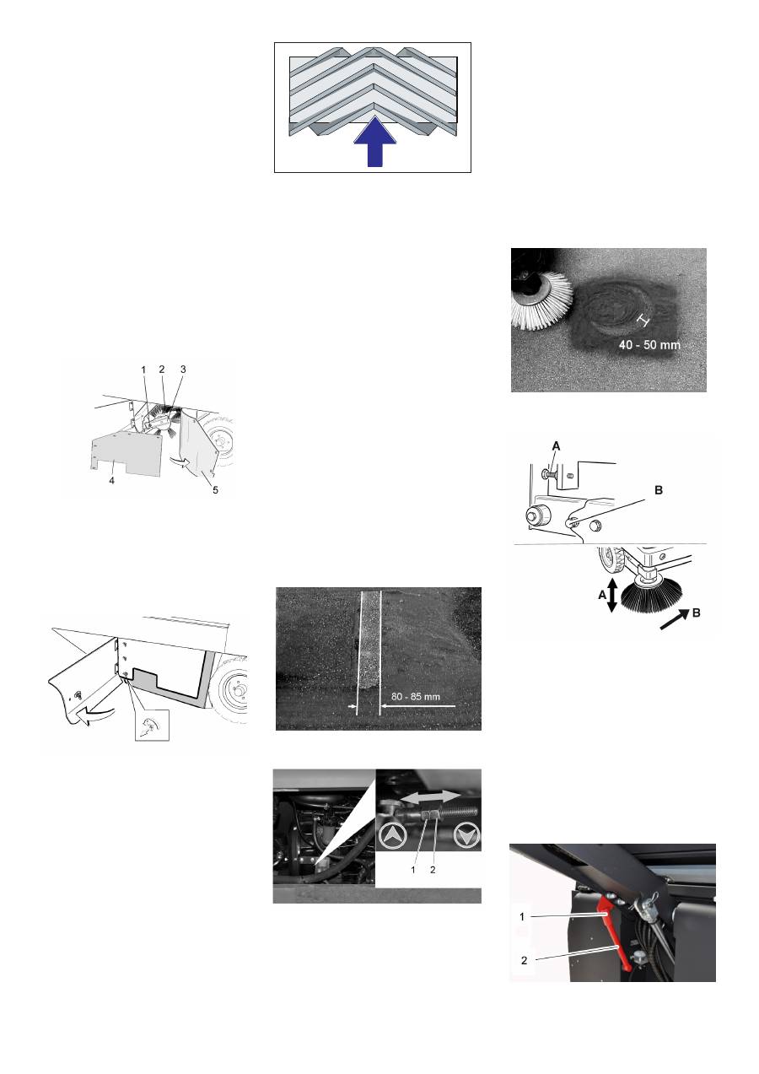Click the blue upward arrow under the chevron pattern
click(374, 145)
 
